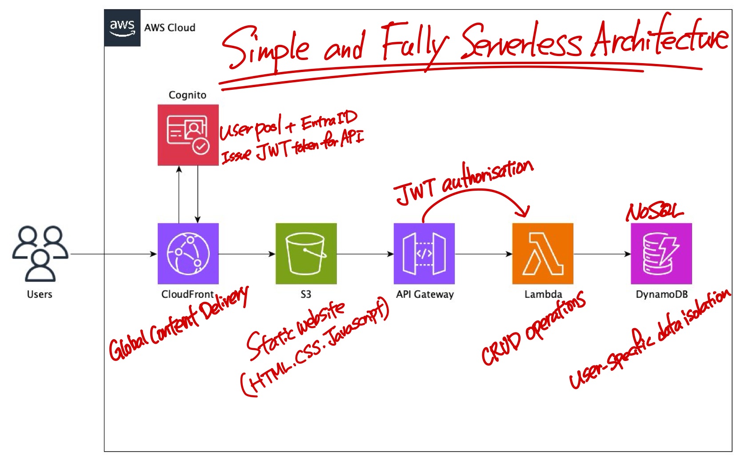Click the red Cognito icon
pos(188,135)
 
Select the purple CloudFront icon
pos(188,253)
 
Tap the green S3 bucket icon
pos(306,253)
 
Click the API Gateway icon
pos(424,253)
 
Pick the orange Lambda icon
pos(543,253)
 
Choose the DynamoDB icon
pos(661,253)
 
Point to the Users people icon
pos(40,253)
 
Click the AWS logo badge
pos(122,28)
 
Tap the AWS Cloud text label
pos(170,28)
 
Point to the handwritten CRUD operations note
pos(533,329)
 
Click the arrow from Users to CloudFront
pos(113,254)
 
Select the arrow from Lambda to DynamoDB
pos(602,254)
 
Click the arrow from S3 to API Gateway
pos(365,254)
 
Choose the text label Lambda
pos(543,294)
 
